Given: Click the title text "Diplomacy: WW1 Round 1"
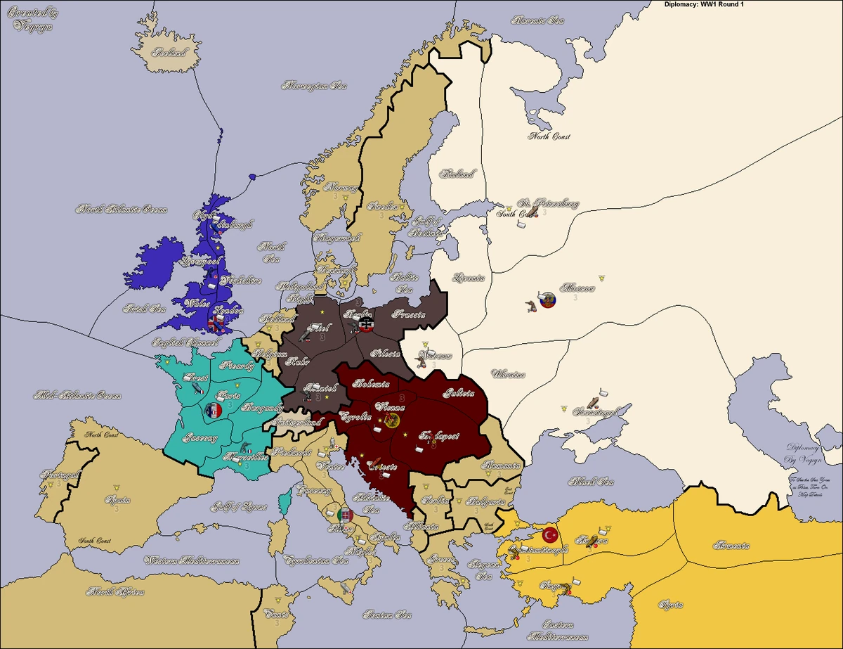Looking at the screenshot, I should tap(710, 5).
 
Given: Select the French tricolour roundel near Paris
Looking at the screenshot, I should tap(212, 409).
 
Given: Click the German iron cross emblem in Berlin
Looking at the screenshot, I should tap(365, 326).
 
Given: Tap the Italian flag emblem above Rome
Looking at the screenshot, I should tap(344, 514).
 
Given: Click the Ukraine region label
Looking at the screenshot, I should tap(508, 373).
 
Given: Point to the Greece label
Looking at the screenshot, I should tap(440, 560).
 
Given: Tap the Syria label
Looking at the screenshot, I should tap(674, 604).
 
